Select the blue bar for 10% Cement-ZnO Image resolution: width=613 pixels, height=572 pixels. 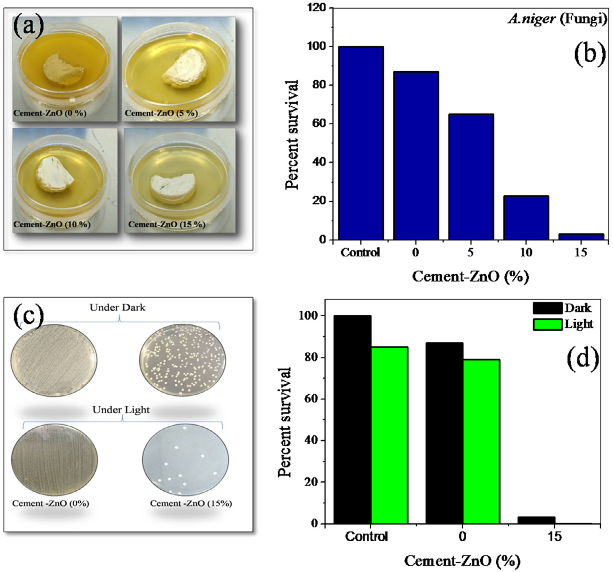click(x=526, y=217)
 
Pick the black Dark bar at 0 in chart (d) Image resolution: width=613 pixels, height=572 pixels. click(x=444, y=433)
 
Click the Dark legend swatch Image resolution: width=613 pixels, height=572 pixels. click(x=548, y=308)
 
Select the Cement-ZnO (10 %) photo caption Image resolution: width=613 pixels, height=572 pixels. click(x=52, y=225)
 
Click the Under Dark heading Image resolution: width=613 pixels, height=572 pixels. click(x=117, y=308)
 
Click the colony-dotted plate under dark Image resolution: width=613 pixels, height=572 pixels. click(x=182, y=360)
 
